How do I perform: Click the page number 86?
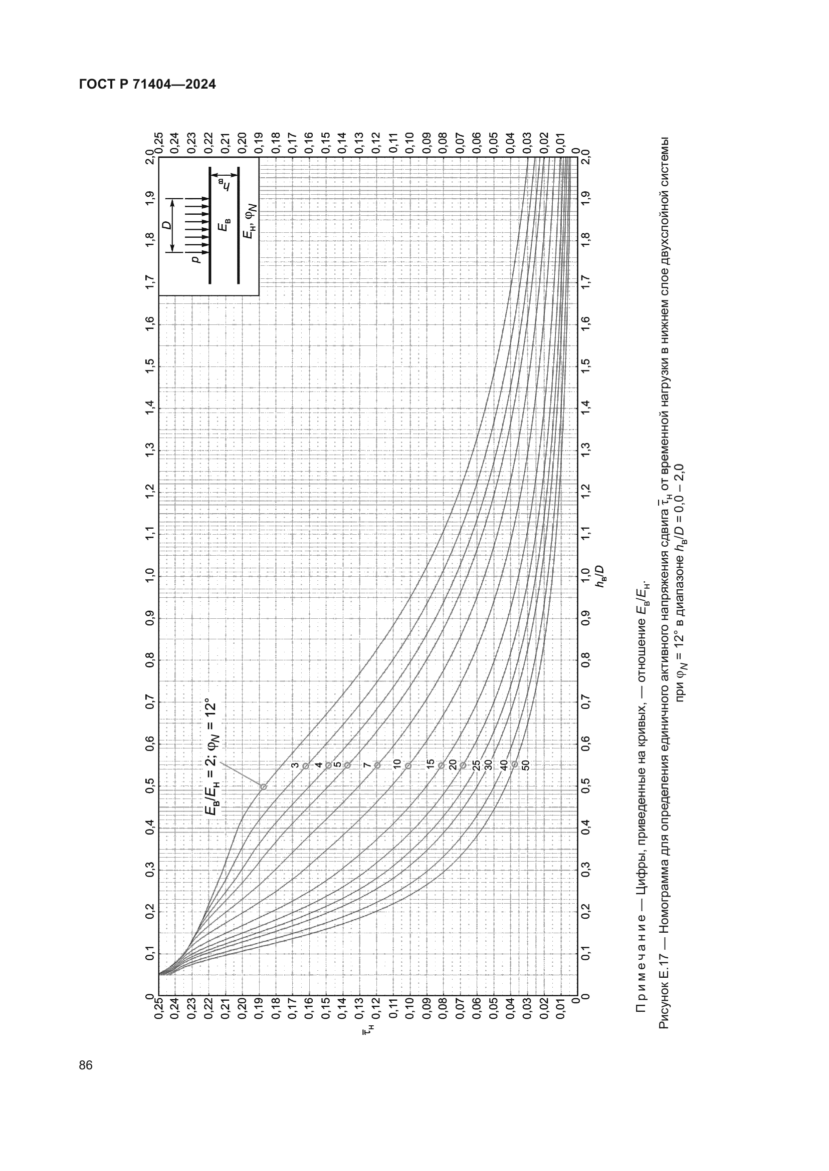coord(86,1065)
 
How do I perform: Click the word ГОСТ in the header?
coord(98,84)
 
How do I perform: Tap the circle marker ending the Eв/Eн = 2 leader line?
coord(264,787)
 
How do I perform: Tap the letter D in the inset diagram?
coord(167,225)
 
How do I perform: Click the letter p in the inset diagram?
coord(195,259)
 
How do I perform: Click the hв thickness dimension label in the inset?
coord(224,185)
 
